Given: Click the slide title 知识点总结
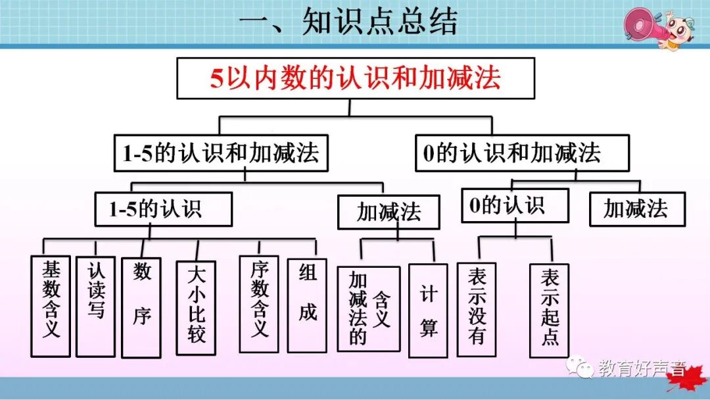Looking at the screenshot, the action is coord(348,22).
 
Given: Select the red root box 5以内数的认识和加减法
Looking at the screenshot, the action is coord(355,78).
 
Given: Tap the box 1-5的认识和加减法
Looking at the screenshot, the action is coord(220,153).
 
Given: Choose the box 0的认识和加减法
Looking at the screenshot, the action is coord(522,153).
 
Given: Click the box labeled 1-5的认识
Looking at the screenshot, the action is coord(163,209).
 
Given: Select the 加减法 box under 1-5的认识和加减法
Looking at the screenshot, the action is coord(389,211).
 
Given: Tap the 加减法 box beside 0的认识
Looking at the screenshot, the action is coord(636,209).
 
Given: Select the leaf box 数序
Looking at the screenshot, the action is coord(141,307).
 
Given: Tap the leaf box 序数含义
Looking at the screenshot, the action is coord(259,305).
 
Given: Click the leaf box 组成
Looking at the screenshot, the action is coord(307,305).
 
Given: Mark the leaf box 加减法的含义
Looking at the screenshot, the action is coord(368,308).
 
